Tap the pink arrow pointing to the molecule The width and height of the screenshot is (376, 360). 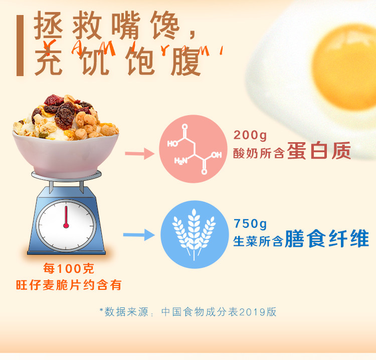pos(139,154)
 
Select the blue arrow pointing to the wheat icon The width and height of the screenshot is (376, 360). pos(139,235)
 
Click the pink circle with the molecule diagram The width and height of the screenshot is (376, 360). pos(193,149)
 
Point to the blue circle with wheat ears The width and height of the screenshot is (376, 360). pos(194,234)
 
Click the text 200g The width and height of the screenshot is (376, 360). pos(250,135)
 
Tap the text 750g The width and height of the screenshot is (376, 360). pos(250,224)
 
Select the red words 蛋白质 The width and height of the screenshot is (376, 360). pos(319,151)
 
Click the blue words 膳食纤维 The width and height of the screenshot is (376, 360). pos(327,238)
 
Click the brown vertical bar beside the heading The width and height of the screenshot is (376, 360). pos(20,46)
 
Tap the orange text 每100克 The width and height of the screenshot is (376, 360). pos(69,268)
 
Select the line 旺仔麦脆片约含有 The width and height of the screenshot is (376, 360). pos(69,285)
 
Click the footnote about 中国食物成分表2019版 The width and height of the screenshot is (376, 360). pos(188,312)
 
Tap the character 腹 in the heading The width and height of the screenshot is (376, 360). pos(185,62)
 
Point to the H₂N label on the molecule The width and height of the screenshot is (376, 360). pos(181,161)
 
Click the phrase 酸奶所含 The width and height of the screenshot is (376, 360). pos(259,153)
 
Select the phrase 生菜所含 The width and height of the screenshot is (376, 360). pos(258,241)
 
